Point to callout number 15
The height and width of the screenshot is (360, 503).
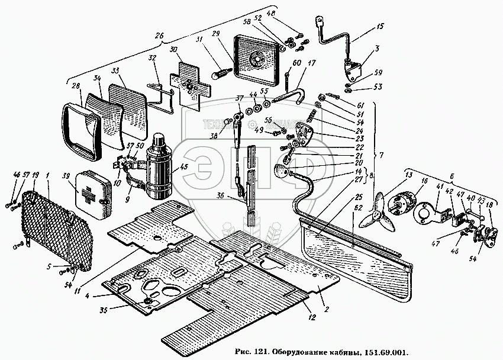(379, 27)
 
